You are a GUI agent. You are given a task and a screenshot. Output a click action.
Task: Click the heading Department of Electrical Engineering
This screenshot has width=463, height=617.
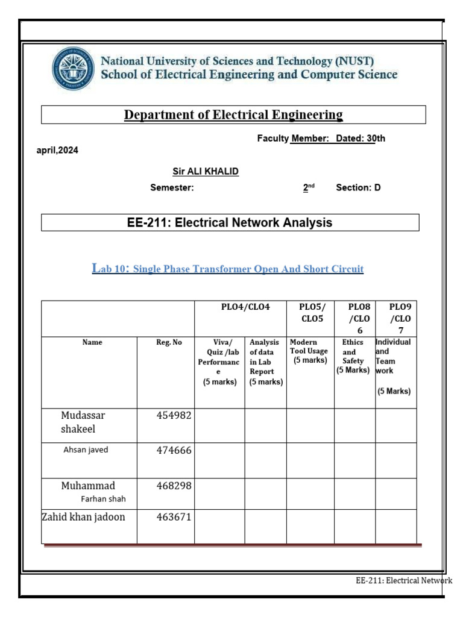pyautogui.click(x=233, y=114)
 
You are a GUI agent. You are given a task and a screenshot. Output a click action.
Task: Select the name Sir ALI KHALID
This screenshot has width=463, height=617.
pyautogui.click(x=206, y=172)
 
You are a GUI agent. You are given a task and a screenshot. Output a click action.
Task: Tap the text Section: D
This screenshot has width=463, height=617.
pyautogui.click(x=358, y=187)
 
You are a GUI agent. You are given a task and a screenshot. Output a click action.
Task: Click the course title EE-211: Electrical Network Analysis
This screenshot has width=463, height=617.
pyautogui.click(x=230, y=222)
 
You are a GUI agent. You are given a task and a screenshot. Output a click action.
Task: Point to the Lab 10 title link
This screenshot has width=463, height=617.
pyautogui.click(x=228, y=269)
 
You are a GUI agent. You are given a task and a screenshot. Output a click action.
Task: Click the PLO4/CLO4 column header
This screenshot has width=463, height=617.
pyautogui.click(x=245, y=307)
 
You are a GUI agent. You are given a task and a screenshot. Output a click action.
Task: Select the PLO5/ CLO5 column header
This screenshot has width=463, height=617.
pyautogui.click(x=310, y=312)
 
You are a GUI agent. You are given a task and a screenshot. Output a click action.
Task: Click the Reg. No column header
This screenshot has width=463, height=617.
pyautogui.click(x=168, y=342)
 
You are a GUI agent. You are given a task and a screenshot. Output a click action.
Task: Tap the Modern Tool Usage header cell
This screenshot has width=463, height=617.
pyautogui.click(x=309, y=351)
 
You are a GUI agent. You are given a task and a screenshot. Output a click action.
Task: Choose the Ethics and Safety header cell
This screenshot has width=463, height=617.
pyautogui.click(x=353, y=356)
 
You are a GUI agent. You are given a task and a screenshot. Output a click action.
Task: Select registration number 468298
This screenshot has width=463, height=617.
pyautogui.click(x=174, y=486)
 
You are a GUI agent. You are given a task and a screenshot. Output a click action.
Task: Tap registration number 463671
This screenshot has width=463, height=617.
pyautogui.click(x=174, y=516)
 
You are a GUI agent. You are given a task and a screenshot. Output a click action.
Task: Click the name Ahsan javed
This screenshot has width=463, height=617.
pyautogui.click(x=86, y=450)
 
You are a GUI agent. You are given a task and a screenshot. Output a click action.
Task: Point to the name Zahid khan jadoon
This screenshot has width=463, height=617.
pyautogui.click(x=83, y=516)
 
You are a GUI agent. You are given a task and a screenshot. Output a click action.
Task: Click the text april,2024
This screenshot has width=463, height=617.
pyautogui.click(x=58, y=151)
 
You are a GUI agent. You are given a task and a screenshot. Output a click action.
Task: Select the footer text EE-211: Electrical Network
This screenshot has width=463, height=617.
pyautogui.click(x=403, y=581)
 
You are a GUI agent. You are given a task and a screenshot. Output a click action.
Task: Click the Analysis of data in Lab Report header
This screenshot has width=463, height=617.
pyautogui.click(x=265, y=362)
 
